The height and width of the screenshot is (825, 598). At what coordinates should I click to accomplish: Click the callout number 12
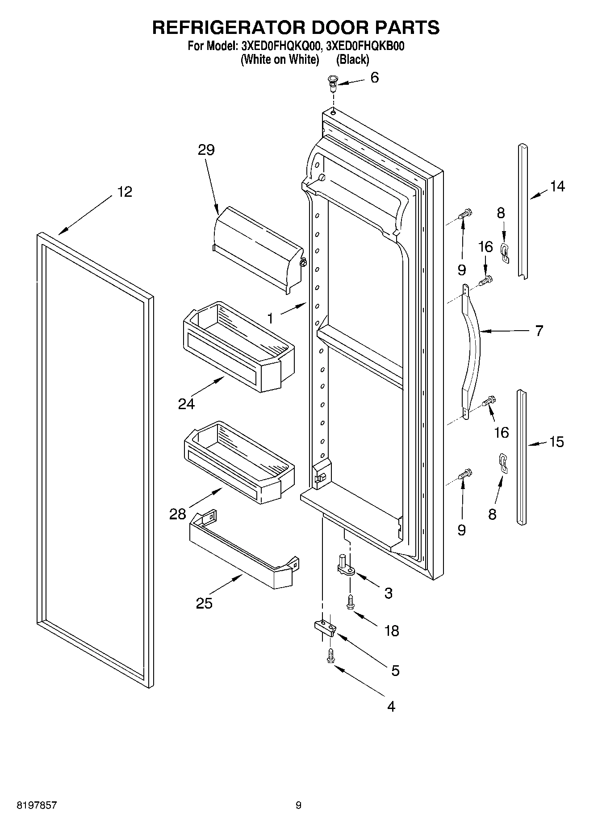tap(125, 192)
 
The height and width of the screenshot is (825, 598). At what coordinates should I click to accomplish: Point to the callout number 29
tap(206, 150)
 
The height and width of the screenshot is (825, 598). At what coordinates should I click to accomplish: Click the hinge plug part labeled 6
tap(333, 83)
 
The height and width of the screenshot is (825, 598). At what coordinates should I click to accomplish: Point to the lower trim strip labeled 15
tap(522, 455)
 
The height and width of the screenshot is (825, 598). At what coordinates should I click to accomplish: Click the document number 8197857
tap(36, 805)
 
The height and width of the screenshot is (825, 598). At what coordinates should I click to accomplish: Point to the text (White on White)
tap(280, 59)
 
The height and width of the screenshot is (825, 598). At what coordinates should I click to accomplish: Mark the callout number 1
tap(270, 318)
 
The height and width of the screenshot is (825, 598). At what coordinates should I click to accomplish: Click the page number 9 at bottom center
tap(298, 805)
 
